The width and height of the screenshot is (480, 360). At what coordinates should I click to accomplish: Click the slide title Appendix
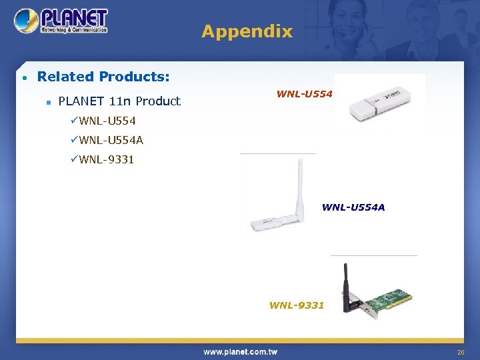pos(247,31)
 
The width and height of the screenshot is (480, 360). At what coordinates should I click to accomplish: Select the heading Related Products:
pos(103,77)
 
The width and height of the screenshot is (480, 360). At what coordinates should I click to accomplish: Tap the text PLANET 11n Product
pos(119,101)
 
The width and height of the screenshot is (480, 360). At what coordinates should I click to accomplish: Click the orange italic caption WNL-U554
pos(304,94)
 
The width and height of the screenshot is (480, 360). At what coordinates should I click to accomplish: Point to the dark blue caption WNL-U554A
pos(353,207)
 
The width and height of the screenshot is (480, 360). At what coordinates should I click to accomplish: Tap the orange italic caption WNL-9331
pos(297,305)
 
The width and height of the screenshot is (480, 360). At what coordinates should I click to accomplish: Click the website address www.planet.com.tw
pos(240,352)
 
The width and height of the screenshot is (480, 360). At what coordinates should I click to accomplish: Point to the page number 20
pos(460,352)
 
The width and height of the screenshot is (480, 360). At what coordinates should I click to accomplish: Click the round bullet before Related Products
pos(25,78)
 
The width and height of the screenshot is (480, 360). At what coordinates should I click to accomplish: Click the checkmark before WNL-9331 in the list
pos(74,159)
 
